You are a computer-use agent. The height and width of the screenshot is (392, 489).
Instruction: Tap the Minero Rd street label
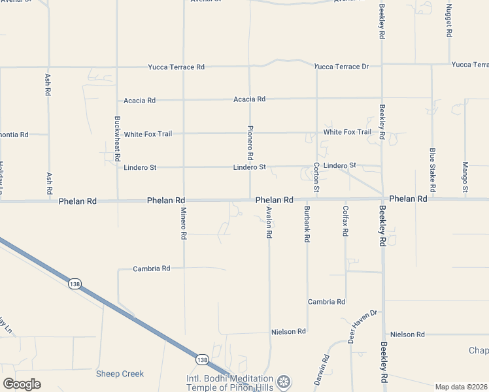pyautogui.click(x=184, y=225)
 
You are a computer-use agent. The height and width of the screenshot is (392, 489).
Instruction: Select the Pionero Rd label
pyautogui.click(x=250, y=143)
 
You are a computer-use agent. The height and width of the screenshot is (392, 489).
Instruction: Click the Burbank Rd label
pyautogui.click(x=307, y=224)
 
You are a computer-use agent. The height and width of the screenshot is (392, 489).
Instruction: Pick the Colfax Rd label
pyautogui.click(x=346, y=221)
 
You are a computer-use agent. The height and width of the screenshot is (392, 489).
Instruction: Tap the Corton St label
pyautogui.click(x=316, y=177)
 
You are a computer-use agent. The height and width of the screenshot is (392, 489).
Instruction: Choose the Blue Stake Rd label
pyautogui.click(x=432, y=165)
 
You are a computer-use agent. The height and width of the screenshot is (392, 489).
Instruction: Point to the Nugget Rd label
pyautogui.click(x=449, y=20)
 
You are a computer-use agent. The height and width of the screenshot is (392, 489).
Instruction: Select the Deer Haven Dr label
pyautogui.click(x=363, y=327)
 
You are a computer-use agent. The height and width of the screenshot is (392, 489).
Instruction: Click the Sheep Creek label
pyautogui.click(x=120, y=374)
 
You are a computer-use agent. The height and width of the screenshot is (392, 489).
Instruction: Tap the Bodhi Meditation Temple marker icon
pyautogui.click(x=283, y=381)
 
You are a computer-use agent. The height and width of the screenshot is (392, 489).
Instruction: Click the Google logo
pyautogui.click(x=22, y=384)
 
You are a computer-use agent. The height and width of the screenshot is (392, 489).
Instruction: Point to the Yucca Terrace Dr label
pyautogui.click(x=341, y=67)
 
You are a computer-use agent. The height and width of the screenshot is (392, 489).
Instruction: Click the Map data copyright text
pyautogui.click(x=462, y=387)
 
